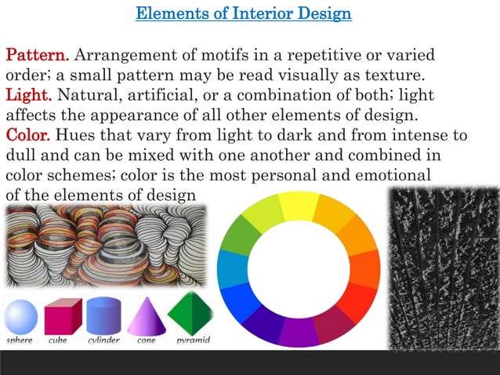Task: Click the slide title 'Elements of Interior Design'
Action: click(x=244, y=14)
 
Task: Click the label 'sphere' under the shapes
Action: click(x=20, y=340)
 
